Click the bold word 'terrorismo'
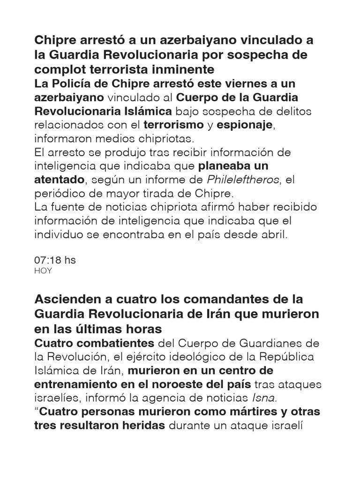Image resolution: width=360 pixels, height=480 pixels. pos(173,125)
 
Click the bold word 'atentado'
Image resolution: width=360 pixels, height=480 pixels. pos(59,180)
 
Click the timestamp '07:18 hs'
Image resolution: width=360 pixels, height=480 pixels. pos(55,260)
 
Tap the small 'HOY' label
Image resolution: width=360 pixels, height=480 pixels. pos(43,271)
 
